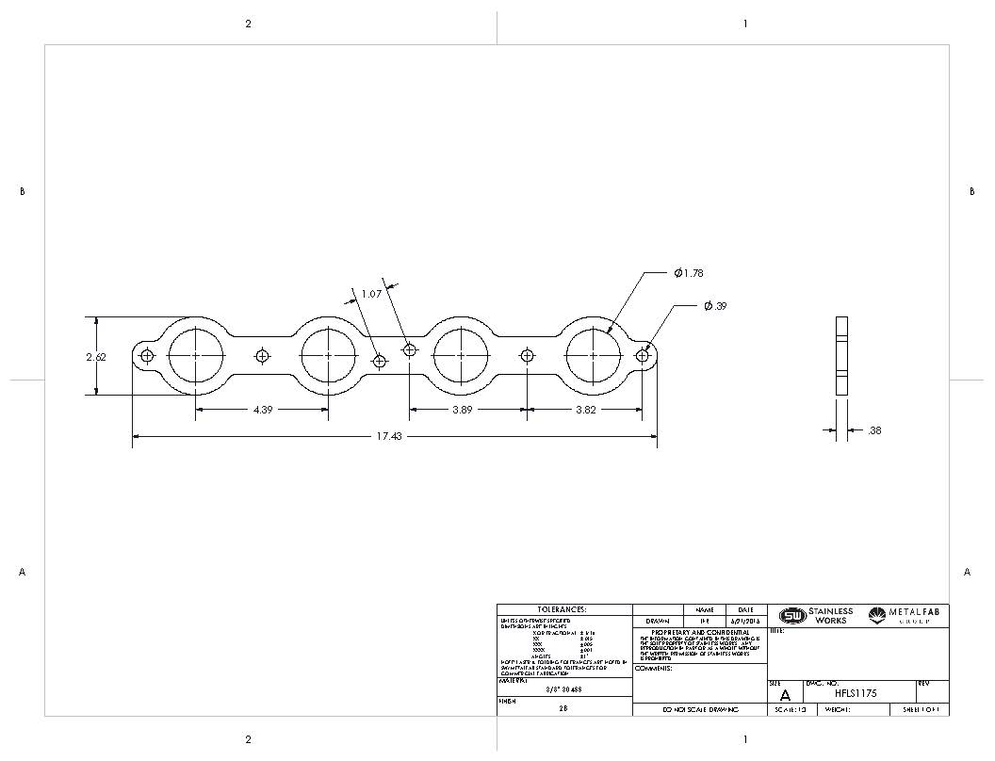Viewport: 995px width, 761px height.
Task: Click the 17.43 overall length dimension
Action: tap(388, 437)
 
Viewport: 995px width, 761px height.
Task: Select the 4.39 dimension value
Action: tap(264, 411)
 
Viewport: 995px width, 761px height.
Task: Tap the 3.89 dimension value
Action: tap(462, 411)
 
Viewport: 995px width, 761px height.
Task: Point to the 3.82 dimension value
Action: tap(586, 411)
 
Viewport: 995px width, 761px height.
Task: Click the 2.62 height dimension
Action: tap(95, 357)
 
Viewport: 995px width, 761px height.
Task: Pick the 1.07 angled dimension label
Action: tap(370, 294)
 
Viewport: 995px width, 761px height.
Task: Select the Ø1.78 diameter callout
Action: tap(688, 273)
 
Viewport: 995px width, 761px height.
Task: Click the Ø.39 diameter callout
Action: tap(715, 306)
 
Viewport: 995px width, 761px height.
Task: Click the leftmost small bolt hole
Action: tap(147, 356)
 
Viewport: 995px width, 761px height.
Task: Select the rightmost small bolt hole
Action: tap(643, 356)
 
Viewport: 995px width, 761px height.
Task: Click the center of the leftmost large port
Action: tap(196, 356)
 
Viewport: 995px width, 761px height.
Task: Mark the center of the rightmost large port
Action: tap(594, 356)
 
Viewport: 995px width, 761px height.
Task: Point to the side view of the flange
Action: tap(842, 356)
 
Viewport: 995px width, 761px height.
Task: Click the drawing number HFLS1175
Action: tap(856, 693)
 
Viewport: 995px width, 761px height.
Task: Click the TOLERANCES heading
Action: tap(562, 609)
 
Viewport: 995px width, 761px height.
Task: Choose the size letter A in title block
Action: tap(785, 695)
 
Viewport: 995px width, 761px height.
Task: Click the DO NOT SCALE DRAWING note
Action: tap(700, 709)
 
